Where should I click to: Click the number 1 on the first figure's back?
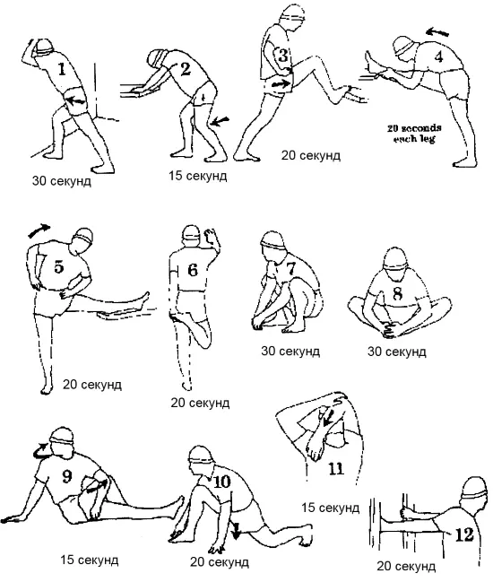point(62,69)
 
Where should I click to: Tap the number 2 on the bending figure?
point(185,69)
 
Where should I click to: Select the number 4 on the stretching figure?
point(439,56)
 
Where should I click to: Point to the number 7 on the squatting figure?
point(290,268)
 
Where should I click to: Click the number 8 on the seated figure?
point(397,293)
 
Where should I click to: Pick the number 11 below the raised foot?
point(336,469)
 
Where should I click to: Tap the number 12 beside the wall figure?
point(464,534)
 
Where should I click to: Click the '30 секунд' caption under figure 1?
point(61,181)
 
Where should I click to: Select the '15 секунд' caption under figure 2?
point(198,176)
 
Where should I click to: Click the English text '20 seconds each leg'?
point(414,134)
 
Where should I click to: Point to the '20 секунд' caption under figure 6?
point(200,403)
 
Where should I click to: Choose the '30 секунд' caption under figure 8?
point(396,352)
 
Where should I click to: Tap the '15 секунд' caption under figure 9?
point(90,560)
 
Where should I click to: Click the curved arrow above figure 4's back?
point(437,32)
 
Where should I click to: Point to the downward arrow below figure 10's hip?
point(236,531)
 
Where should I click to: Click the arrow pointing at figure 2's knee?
point(220,121)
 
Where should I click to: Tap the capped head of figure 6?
point(192,235)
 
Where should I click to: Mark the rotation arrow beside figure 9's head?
point(40,450)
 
